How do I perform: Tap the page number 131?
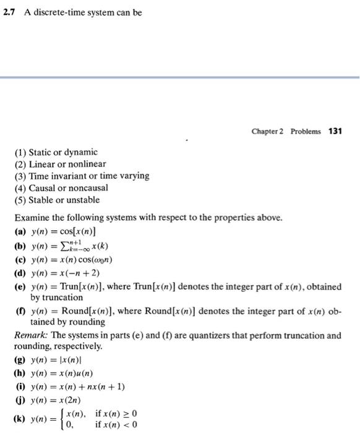(335, 131)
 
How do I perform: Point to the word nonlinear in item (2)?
(87, 164)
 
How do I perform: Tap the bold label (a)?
(19, 231)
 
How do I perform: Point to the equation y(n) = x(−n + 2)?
(64, 273)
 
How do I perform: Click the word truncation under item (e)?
(66, 297)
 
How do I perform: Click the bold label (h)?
(19, 374)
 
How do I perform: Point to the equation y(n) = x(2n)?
(57, 400)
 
